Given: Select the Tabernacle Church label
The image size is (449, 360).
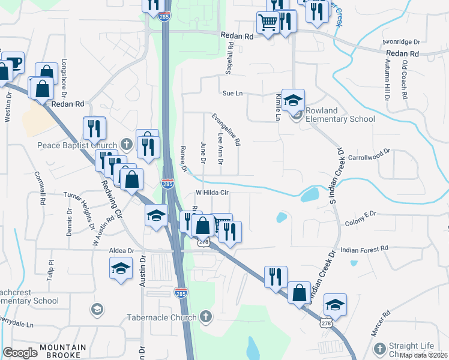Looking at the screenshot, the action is pos(161,317).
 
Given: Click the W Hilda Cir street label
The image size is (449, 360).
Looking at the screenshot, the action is pos(212,193).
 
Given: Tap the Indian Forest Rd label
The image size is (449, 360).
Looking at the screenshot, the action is pos(364,248).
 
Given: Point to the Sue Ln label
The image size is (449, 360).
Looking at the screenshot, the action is pos(232,94).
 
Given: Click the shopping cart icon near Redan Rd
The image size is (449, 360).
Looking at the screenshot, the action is pos(268,23).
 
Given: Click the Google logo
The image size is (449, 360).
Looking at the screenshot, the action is pos(20,353).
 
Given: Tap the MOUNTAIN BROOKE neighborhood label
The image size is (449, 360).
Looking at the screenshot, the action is pos(63,348).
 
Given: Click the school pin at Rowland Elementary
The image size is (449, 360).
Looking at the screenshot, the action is pos(294,100).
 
